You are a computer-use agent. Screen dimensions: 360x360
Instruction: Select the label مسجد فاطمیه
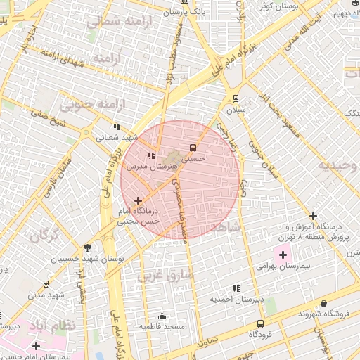click(162, 327)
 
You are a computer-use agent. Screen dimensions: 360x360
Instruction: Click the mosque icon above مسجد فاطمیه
click(162, 316)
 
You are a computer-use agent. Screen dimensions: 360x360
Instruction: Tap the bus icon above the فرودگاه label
click(261, 324)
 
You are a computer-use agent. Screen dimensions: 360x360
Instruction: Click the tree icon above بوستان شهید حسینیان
click(87, 247)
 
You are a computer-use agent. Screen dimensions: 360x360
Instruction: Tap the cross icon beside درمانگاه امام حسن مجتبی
click(137, 201)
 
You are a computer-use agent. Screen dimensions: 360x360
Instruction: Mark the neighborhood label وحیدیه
click(338, 166)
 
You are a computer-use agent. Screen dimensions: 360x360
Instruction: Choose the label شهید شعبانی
click(117, 138)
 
